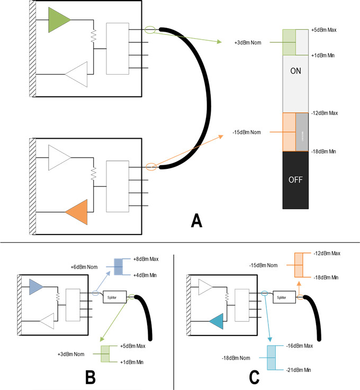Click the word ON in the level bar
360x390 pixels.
tap(296, 71)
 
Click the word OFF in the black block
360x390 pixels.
tap(295, 179)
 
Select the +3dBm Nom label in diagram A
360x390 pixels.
tap(247, 42)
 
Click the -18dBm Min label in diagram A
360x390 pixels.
tap(325, 151)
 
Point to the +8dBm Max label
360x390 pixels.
tap(145, 259)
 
